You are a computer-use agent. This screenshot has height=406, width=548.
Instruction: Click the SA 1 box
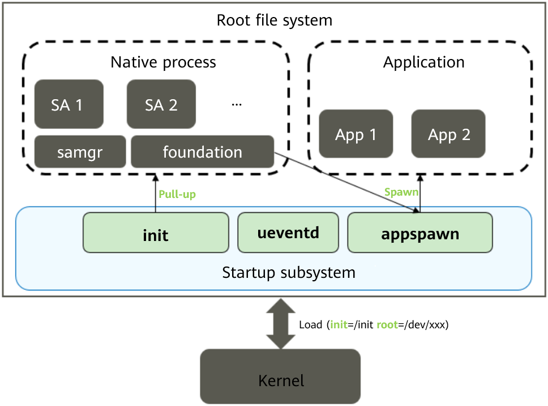point(68,104)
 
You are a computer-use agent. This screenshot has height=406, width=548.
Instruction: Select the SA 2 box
point(161,104)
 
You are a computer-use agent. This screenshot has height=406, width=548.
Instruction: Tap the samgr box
point(80,152)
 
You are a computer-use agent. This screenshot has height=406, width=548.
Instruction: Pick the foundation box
point(202,152)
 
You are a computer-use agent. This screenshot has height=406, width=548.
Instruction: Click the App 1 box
point(356,134)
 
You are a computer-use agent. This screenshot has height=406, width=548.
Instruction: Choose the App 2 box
point(448,134)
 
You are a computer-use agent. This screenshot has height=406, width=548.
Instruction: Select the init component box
point(156,232)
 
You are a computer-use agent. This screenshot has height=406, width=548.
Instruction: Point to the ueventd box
point(288,232)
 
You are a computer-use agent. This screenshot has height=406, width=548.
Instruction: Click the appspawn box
point(419,232)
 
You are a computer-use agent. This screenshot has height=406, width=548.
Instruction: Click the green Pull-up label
point(177,194)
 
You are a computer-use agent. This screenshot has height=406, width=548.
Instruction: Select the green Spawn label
point(401,192)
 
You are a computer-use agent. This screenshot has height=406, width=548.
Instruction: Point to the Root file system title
point(275,21)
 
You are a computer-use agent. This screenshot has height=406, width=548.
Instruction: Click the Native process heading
point(163,61)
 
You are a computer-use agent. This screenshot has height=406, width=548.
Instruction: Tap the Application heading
point(423,62)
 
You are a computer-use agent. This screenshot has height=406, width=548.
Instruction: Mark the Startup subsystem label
point(289,272)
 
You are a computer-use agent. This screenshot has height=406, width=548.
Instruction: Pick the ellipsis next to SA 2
point(237,104)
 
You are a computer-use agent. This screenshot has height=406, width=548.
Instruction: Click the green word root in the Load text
point(387,325)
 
